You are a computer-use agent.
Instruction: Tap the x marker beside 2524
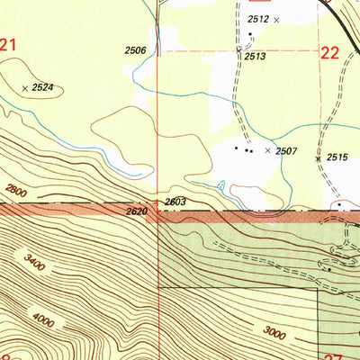point(24,87)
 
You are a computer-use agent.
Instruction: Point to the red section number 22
point(329,53)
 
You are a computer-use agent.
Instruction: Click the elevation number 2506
point(136,50)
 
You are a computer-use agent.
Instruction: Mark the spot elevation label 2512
point(258,19)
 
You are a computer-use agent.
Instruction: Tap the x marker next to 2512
point(276,19)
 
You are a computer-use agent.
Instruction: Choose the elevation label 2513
point(253,56)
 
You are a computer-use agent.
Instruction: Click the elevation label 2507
point(287,151)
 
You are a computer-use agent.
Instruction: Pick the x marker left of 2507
point(267,150)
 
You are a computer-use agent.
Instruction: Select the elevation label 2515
point(337,157)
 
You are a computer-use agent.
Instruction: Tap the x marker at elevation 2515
point(318,159)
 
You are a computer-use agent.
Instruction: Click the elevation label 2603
point(175,202)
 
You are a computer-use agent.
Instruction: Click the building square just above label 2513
point(251,33)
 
